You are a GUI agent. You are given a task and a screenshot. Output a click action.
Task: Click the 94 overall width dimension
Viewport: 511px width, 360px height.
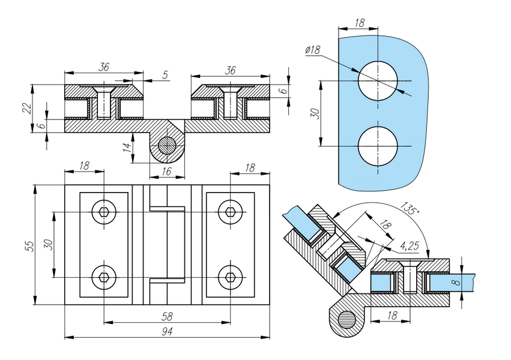click(167, 331)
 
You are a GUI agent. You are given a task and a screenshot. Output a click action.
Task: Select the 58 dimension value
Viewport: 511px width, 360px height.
click(167, 316)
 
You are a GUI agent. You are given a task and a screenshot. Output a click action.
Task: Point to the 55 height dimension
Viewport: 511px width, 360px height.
click(29, 246)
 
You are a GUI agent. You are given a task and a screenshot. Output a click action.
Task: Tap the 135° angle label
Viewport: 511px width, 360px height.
click(410, 208)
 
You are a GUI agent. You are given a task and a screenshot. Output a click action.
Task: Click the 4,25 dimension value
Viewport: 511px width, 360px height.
click(409, 246)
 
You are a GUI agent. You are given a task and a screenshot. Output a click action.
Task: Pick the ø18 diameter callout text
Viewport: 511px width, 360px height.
click(313, 50)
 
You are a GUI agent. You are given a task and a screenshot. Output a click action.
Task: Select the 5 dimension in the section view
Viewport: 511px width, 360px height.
click(165, 75)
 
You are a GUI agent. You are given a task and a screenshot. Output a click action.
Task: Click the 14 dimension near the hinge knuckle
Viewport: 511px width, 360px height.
click(128, 147)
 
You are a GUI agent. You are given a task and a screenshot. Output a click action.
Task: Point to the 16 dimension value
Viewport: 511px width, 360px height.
click(166, 171)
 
